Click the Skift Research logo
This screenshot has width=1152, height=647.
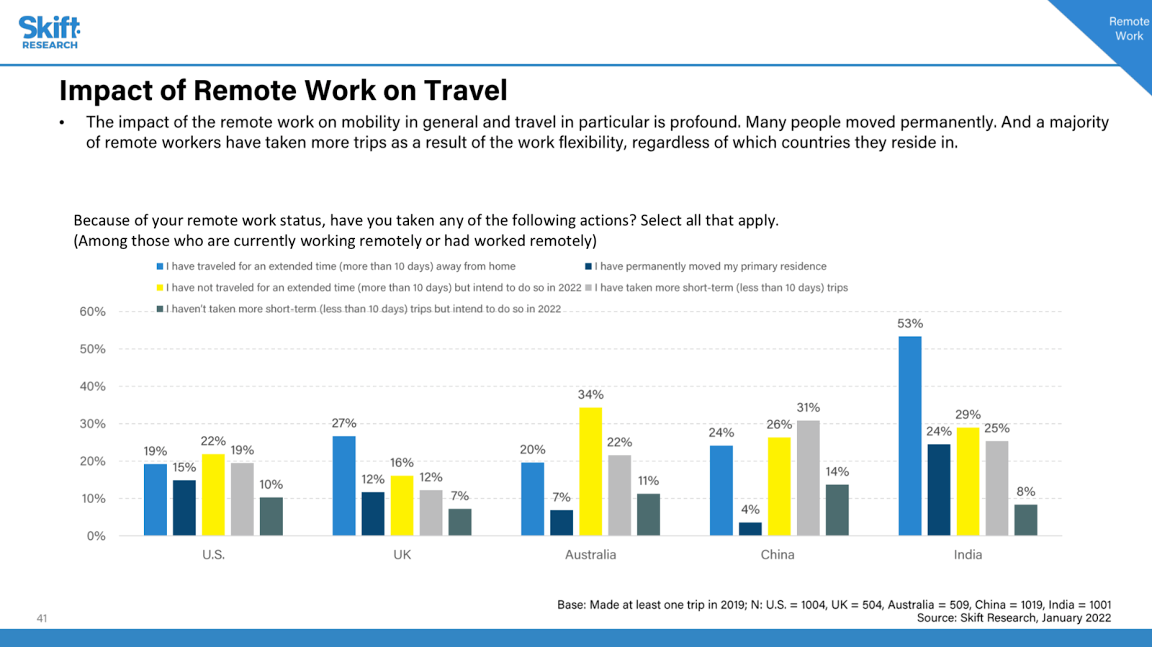pos(49,32)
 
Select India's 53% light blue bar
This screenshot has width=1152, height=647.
pos(909,435)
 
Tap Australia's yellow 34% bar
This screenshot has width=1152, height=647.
pos(590,471)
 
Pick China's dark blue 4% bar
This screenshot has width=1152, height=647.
pos(750,529)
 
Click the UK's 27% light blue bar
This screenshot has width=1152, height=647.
pos(343,486)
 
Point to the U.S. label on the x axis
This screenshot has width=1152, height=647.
pos(213,555)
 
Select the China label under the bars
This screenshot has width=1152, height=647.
pos(778,555)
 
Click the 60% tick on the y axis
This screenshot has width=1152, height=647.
pos(93,312)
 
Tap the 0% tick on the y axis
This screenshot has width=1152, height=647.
pos(96,536)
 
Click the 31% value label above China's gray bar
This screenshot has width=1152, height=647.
pos(808,408)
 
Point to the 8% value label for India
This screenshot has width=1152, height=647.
pos(1025,492)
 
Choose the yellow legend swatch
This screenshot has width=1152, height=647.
pos(160,288)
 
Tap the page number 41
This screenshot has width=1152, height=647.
pos(42,618)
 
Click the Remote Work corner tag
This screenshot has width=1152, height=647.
pos(1128,29)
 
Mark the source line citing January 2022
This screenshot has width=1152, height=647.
pos(1013,617)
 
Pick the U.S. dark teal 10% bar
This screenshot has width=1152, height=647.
pos(271,516)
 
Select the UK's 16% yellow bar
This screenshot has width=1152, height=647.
pos(402,505)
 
